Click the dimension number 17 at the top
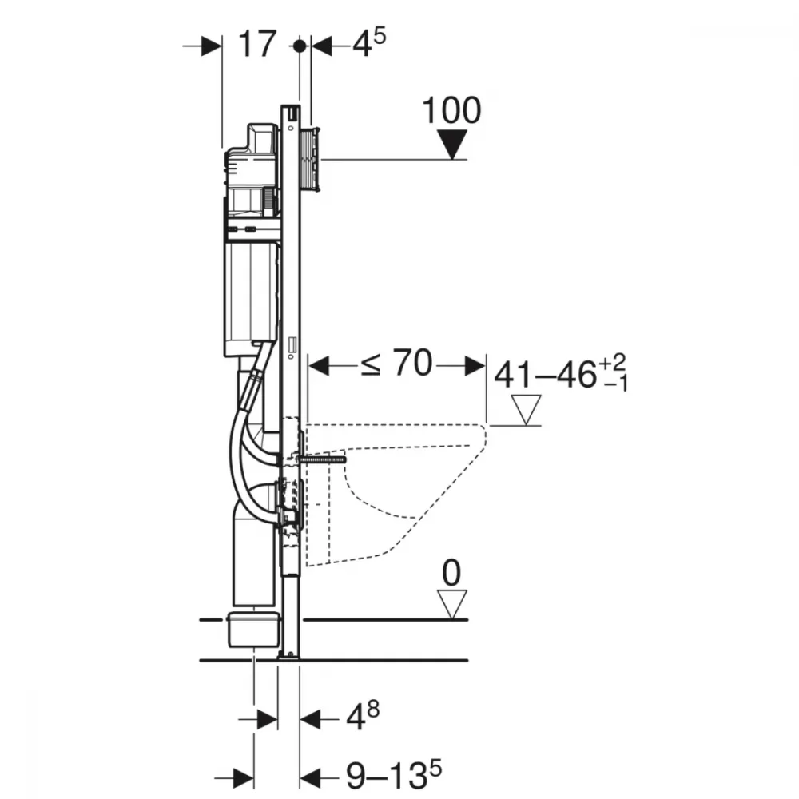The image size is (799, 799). pyautogui.click(x=258, y=44)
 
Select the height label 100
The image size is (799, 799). pyautogui.click(x=452, y=110)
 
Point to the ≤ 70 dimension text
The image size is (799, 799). pyautogui.click(x=397, y=363)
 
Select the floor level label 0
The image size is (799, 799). pyautogui.click(x=452, y=573)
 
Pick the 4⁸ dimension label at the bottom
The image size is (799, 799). pyautogui.click(x=363, y=716)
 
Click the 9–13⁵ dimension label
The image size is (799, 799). pyautogui.click(x=394, y=775)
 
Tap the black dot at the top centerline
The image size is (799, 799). pyautogui.click(x=300, y=46)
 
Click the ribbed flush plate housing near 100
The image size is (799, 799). pyautogui.click(x=310, y=160)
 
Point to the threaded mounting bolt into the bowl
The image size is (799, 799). pyautogui.click(x=322, y=459)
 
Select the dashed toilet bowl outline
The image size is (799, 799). pyautogui.click(x=396, y=495)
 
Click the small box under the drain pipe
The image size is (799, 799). pyautogui.click(x=254, y=630)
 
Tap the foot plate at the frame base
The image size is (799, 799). pyautogui.click(x=289, y=658)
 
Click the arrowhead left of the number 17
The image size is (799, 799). pyautogui.click(x=212, y=46)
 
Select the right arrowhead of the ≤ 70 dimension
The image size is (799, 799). pyautogui.click(x=475, y=365)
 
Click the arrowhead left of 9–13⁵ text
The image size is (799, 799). pyautogui.click(x=244, y=778)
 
